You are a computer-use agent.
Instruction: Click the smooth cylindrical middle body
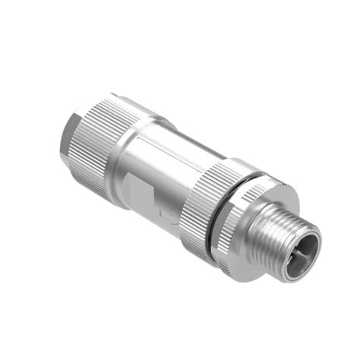pos(163,163)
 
